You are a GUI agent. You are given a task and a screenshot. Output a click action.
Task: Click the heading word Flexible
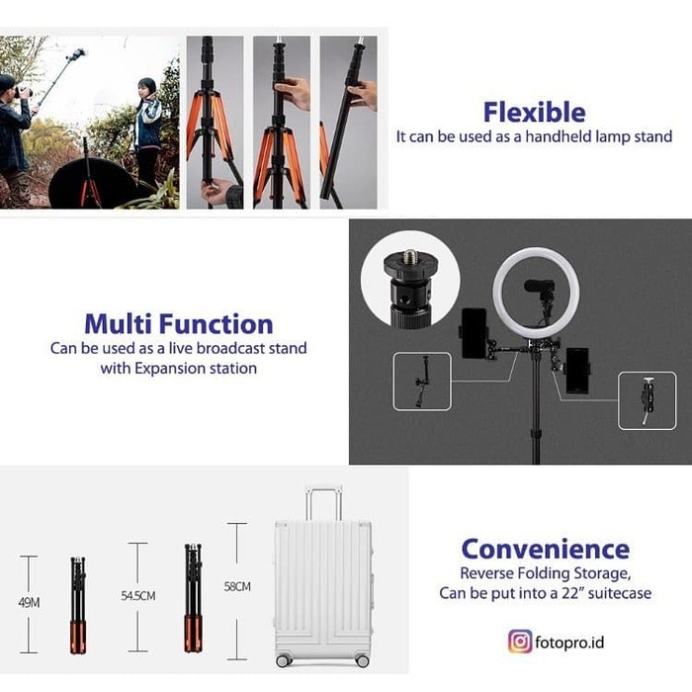pyautogui.click(x=535, y=112)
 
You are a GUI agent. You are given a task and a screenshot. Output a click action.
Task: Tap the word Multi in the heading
pyautogui.click(x=119, y=324)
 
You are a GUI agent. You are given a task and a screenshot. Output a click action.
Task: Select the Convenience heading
pyautogui.click(x=546, y=549)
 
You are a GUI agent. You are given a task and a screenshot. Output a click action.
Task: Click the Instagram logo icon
pyautogui.click(x=520, y=642)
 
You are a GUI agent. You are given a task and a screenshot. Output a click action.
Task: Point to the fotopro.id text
pyautogui.click(x=569, y=643)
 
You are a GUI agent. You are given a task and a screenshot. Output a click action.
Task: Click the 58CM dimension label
pyautogui.click(x=237, y=586)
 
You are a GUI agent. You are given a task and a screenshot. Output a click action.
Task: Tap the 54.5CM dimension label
pyautogui.click(x=138, y=596)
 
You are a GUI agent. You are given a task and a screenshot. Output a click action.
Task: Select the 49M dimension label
pyautogui.click(x=29, y=602)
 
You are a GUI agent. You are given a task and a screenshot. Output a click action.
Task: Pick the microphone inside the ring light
pyautogui.click(x=541, y=291)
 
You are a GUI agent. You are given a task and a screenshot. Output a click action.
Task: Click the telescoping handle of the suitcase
pyautogui.click(x=324, y=503)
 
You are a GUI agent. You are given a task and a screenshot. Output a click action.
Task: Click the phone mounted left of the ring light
pyautogui.click(x=475, y=333)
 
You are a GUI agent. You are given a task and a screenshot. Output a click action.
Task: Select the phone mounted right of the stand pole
pyautogui.click(x=577, y=371)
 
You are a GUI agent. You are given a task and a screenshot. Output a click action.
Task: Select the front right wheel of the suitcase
pyautogui.click(x=363, y=659)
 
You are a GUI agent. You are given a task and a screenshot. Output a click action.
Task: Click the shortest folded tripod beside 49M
pyautogui.click(x=78, y=605)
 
